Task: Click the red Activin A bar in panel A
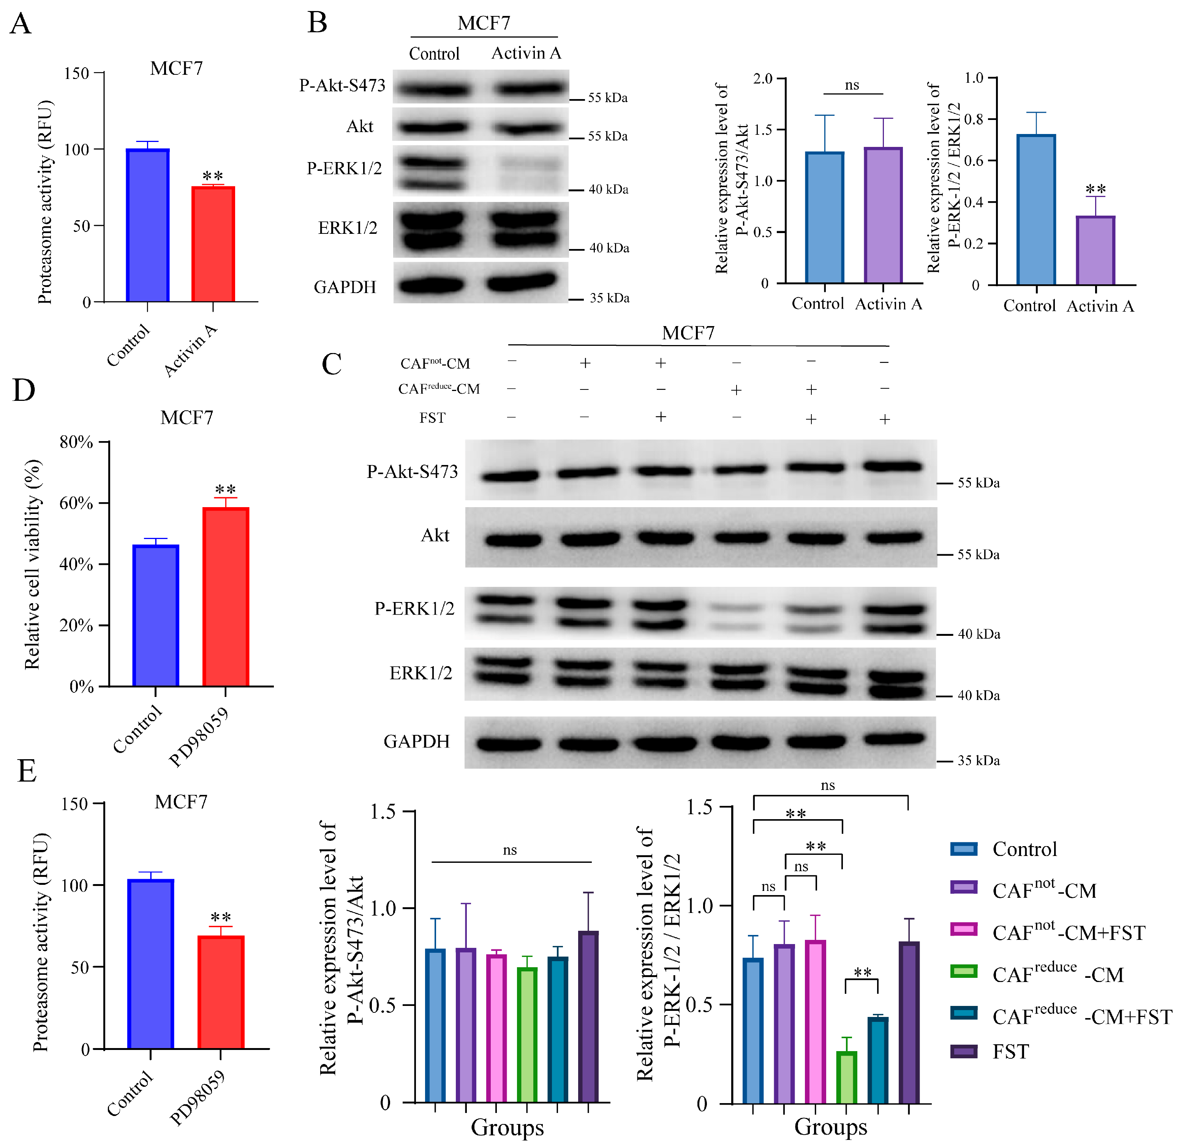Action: (213, 244)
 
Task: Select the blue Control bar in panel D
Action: (155, 615)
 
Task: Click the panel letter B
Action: (317, 23)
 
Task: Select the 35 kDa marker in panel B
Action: (609, 298)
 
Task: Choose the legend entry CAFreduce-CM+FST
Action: (1081, 1017)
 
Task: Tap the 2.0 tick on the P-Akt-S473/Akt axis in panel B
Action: (763, 79)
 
